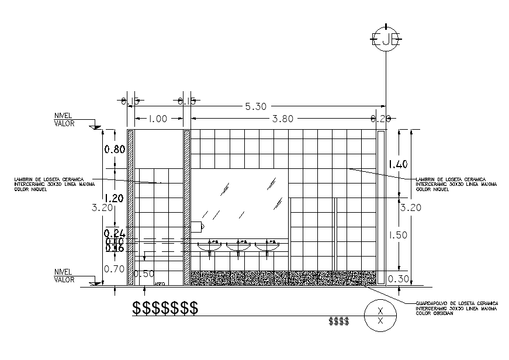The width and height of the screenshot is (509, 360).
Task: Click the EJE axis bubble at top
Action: point(385,39)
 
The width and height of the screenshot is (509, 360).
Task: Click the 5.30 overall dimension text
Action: point(255,106)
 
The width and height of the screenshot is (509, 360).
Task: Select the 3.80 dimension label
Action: point(282,119)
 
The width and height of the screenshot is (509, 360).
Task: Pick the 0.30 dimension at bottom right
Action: point(399,279)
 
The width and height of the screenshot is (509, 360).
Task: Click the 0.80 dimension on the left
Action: point(115,149)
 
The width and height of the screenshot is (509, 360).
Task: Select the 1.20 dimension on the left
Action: point(114,198)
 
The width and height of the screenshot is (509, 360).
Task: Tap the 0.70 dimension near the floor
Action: point(115,269)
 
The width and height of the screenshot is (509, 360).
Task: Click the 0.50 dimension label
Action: point(144,274)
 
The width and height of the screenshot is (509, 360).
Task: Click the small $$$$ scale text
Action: point(339,321)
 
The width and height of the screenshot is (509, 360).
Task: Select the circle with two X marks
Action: point(380,316)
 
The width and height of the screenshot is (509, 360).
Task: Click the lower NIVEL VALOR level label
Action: point(64,276)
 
